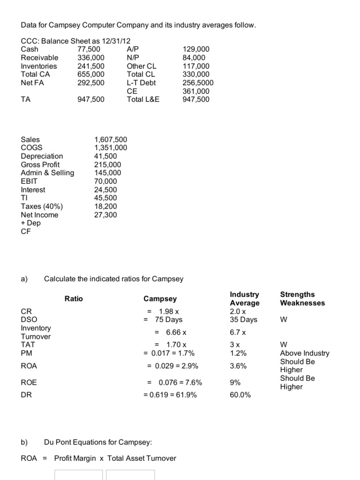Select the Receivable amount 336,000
click(91, 58)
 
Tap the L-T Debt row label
click(141, 83)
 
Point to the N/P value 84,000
click(194, 58)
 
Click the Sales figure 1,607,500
click(111, 140)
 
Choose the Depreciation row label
click(42, 156)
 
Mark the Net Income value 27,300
click(105, 215)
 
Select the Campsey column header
click(160, 299)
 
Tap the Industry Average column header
click(244, 299)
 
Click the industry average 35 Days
click(243, 320)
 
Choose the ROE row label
click(29, 382)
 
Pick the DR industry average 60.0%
click(240, 395)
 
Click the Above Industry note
click(305, 353)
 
